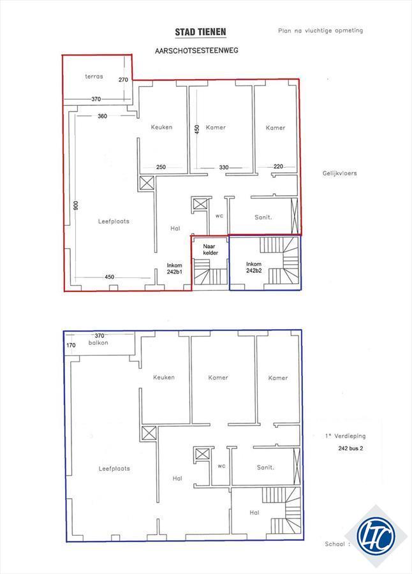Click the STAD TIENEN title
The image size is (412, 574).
pyautogui.click(x=200, y=33)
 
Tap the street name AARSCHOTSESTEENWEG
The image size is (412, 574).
pyautogui.click(x=196, y=50)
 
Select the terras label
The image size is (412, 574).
pyautogui.click(x=94, y=77)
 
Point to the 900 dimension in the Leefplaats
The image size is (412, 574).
pyautogui.click(x=76, y=205)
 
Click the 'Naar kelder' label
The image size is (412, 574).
pyautogui.click(x=210, y=249)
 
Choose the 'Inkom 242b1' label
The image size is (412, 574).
pyautogui.click(x=175, y=269)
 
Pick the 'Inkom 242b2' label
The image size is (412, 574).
pyautogui.click(x=254, y=267)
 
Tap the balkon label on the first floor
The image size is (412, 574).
pyautogui.click(x=98, y=342)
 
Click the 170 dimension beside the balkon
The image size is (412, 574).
pyautogui.click(x=71, y=345)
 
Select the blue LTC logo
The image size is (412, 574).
pyautogui.click(x=376, y=536)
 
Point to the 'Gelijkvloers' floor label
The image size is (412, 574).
pyautogui.click(x=339, y=173)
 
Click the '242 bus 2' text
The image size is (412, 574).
pyautogui.click(x=351, y=448)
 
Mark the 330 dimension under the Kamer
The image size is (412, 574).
pyautogui.click(x=224, y=167)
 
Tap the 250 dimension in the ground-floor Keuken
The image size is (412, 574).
pyautogui.click(x=161, y=167)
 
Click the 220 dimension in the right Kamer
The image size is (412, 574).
pyautogui.click(x=278, y=166)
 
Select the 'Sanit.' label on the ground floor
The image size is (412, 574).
pyautogui.click(x=263, y=217)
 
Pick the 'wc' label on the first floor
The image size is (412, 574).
pyautogui.click(x=221, y=466)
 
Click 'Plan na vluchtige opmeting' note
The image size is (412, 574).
pyautogui.click(x=320, y=31)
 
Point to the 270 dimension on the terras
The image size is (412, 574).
pyautogui.click(x=124, y=80)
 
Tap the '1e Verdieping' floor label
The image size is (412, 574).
pyautogui.click(x=345, y=436)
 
